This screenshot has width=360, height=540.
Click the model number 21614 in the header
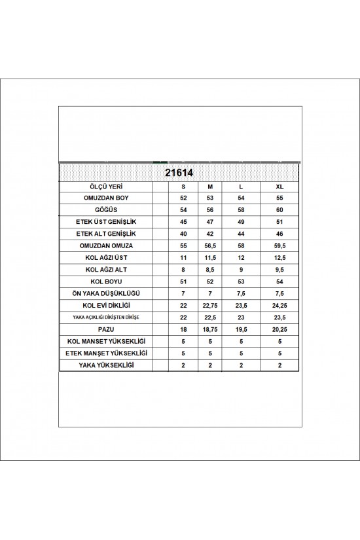pos(179,173)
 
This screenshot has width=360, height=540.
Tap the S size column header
pos(183,187)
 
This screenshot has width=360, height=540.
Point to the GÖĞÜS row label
pos(105,210)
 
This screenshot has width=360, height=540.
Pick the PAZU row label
pos(105,329)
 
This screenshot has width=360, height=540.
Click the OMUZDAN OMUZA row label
pos(105,246)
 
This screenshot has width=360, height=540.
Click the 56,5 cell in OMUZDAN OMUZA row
pos(209,246)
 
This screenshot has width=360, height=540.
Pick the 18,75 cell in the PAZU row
pos(209,329)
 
